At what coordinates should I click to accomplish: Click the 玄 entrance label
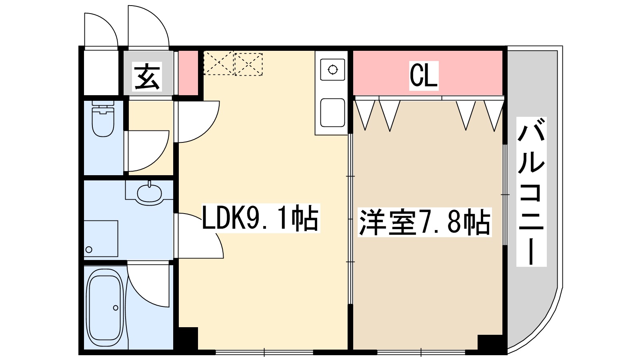pyautogui.click(x=147, y=76)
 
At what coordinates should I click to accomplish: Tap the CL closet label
pyautogui.click(x=424, y=75)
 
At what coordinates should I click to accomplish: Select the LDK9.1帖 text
pyautogui.click(x=260, y=218)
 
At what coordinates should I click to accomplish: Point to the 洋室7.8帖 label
pyautogui.click(x=424, y=222)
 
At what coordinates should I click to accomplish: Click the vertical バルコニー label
pyautogui.click(x=531, y=192)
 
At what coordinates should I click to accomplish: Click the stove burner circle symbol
pyautogui.click(x=332, y=70)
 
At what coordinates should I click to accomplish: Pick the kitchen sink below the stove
pyautogui.click(x=332, y=112)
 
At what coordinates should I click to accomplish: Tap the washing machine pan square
pyautogui.click(x=101, y=238)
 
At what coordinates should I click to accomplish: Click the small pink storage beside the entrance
pyautogui.click(x=188, y=73)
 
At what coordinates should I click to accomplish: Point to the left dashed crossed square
pyautogui.click(x=218, y=63)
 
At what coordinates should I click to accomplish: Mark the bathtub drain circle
pyautogui.click(x=116, y=308)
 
